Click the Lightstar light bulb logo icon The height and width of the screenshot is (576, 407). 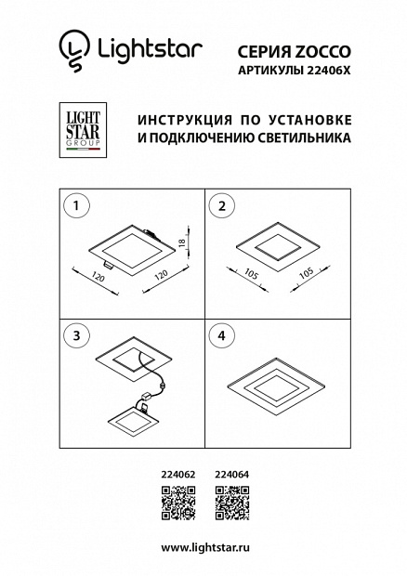point(74,51)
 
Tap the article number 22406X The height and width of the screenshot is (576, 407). point(326,71)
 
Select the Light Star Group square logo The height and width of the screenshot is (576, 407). point(83,130)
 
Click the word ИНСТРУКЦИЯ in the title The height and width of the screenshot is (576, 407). point(185,120)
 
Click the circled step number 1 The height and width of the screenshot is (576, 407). point(76,205)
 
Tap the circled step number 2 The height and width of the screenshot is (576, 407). point(222,206)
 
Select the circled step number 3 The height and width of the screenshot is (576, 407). point(76,335)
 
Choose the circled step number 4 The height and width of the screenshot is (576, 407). point(221,335)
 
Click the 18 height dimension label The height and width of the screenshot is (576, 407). point(182,242)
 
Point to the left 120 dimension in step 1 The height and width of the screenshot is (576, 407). point(98,277)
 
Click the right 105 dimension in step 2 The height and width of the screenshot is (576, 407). point(307,273)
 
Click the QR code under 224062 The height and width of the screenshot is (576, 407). point(178,503)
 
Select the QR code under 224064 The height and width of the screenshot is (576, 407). point(232,503)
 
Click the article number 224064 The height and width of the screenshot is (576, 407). point(231,475)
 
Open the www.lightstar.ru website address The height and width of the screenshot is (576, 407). point(205,547)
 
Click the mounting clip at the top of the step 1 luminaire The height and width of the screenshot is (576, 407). point(150,233)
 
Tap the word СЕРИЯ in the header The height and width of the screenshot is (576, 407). point(263,52)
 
